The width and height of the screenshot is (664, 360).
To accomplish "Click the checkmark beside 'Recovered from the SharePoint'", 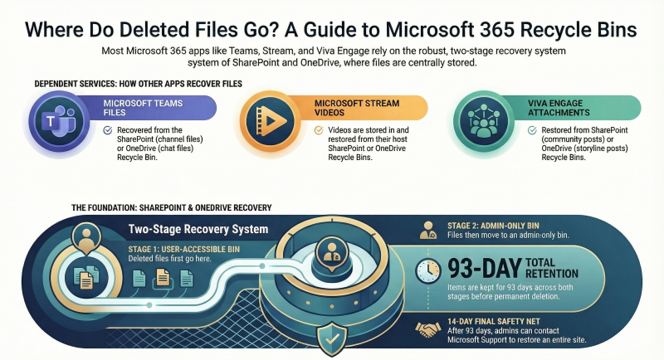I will click(108, 130).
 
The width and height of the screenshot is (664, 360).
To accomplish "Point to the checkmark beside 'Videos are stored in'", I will click(320, 130).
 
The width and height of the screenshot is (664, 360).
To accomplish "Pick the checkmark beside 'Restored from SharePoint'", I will click(533, 130).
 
